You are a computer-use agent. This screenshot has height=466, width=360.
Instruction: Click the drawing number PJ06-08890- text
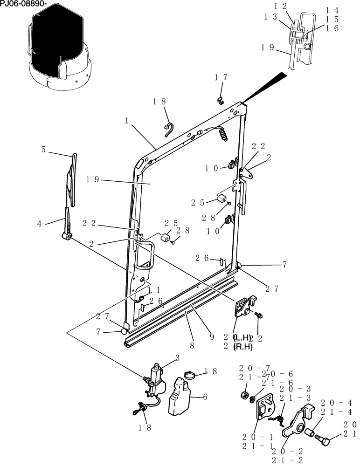pos(23,4)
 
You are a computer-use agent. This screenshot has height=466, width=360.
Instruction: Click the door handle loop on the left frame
pos(145,254)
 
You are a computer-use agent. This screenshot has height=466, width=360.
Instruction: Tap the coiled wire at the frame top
pos(224,134)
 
